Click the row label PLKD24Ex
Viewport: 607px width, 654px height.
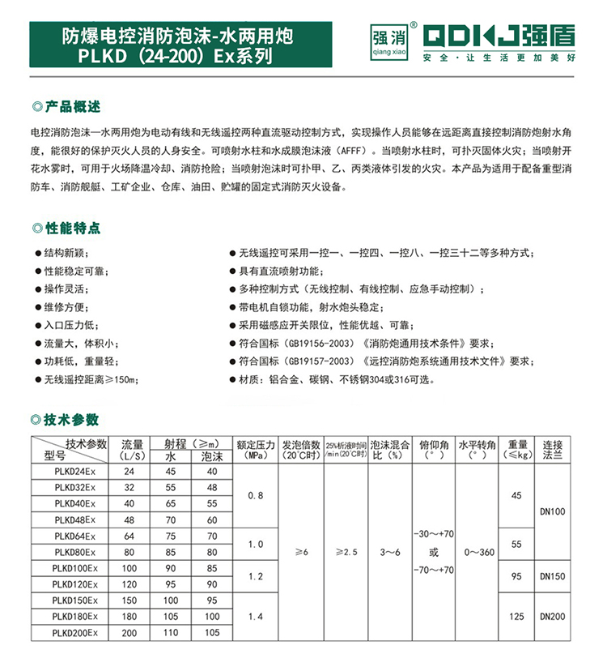(74, 472)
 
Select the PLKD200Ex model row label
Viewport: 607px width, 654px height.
(74, 632)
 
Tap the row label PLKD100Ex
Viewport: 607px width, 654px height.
(74, 567)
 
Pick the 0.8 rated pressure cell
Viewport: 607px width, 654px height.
(255, 494)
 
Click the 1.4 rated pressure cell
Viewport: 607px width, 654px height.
(255, 616)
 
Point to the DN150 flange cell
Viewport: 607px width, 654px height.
(554, 576)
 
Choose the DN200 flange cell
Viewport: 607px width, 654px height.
(554, 617)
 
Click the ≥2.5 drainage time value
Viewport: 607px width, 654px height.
(346, 551)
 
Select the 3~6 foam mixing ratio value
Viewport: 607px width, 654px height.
(390, 551)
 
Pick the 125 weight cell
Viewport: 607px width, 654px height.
(516, 617)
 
